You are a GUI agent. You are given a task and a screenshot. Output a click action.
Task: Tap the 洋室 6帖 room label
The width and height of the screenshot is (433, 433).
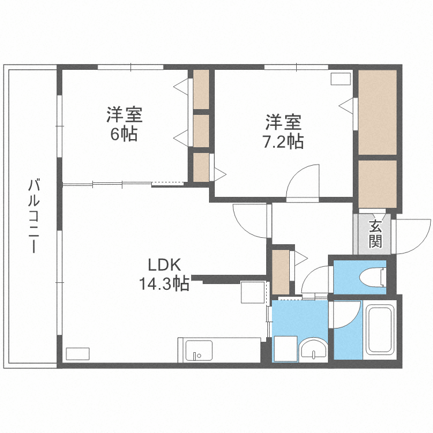click(x=124, y=124)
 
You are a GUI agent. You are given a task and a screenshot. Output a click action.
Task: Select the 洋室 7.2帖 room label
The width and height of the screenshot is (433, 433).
click(x=283, y=132)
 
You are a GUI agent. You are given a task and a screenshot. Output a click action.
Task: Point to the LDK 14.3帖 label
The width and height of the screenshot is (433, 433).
click(x=165, y=274)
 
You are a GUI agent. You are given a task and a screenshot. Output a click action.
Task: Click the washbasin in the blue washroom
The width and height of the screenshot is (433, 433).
click(x=313, y=349)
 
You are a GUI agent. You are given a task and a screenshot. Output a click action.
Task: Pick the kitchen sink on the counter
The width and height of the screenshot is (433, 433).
click(x=199, y=350)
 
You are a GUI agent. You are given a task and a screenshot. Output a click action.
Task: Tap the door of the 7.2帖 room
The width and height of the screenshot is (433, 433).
click(x=303, y=182)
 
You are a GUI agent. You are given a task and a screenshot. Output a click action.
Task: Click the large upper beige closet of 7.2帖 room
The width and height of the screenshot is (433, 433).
click(x=378, y=112)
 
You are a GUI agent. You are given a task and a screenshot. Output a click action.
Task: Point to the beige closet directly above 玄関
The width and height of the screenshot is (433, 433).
click(x=378, y=184)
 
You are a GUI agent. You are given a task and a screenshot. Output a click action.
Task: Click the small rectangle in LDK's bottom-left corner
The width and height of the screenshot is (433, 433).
click(x=77, y=354)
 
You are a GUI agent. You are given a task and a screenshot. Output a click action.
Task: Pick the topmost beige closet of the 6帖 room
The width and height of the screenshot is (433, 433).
click(x=201, y=89)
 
